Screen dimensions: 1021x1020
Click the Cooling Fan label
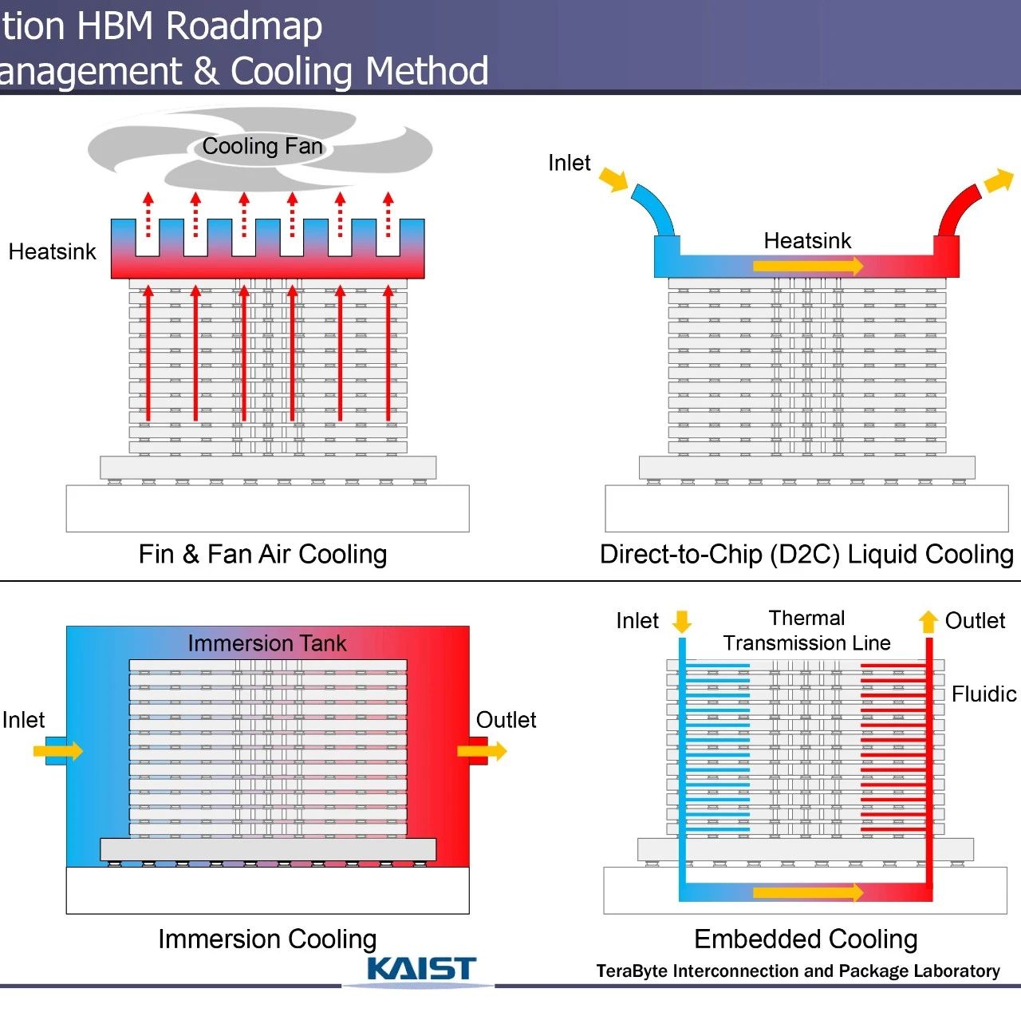click(x=262, y=146)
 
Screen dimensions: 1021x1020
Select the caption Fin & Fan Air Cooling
click(x=262, y=555)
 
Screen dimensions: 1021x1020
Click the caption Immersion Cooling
click(x=267, y=939)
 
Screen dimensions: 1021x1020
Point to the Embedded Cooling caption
click(x=806, y=939)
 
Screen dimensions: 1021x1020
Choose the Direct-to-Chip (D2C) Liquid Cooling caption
click(x=806, y=555)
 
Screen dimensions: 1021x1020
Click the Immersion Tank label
click(x=267, y=643)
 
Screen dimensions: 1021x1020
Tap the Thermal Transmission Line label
click(x=806, y=631)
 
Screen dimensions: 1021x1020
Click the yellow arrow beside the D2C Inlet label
click(x=613, y=180)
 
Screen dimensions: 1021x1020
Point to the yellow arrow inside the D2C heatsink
click(x=808, y=265)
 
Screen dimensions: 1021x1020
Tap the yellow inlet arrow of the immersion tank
click(x=58, y=751)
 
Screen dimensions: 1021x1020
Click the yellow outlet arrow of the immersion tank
click(x=482, y=751)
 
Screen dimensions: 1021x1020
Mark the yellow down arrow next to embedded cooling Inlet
click(x=681, y=621)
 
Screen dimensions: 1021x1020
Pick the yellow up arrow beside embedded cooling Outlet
click(x=928, y=621)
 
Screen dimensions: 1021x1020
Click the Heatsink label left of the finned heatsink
click(x=52, y=252)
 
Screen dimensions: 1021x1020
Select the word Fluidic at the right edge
click(x=984, y=694)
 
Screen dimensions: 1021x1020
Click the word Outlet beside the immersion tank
click(x=506, y=720)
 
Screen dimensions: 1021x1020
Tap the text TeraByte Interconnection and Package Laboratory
click(x=798, y=971)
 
